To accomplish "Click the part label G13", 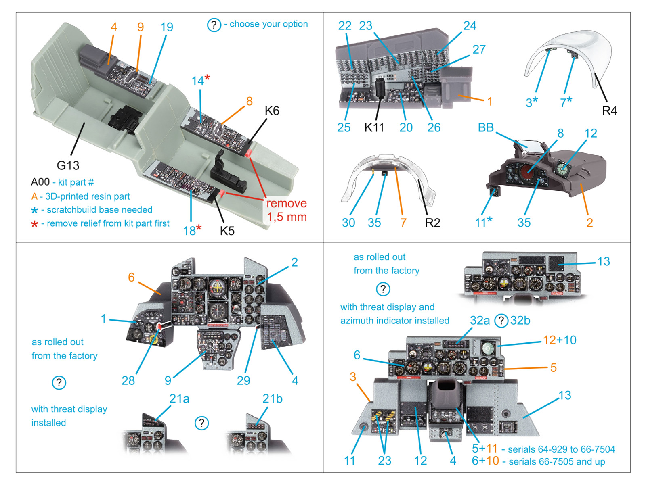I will (68, 165).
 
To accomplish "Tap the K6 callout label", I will (272, 111).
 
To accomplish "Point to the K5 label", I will (227, 231).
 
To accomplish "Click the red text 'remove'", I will (286, 203).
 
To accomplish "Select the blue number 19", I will (166, 27).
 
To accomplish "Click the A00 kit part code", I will (40, 182).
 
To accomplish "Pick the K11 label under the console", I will (374, 128).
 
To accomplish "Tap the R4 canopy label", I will (609, 111).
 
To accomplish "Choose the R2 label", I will (432, 223).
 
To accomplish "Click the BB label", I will (486, 128).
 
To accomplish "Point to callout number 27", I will (479, 50).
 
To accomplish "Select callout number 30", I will (348, 223).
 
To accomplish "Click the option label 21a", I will (179, 399).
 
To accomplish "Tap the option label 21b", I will (272, 399).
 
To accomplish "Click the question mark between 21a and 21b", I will (201, 423).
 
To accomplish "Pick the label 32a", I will (480, 321).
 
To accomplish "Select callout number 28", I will (128, 380).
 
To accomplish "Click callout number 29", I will (243, 380).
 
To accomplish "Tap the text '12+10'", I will (560, 340).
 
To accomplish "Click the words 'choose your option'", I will (268, 24).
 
